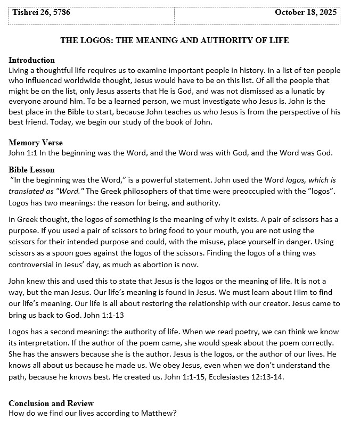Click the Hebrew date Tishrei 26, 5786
coord(41,12)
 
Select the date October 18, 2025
coord(306,12)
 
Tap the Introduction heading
coord(32,60)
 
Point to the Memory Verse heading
coord(36,143)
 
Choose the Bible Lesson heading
coord(31,170)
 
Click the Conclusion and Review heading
coord(51,403)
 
